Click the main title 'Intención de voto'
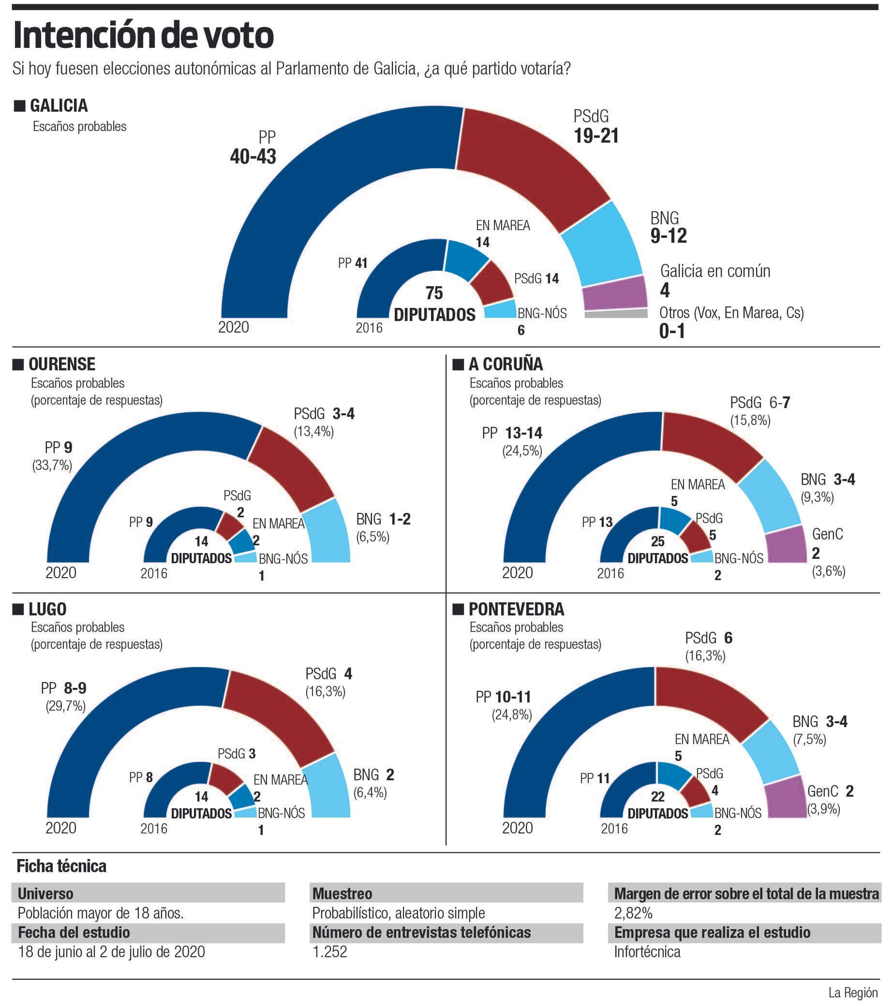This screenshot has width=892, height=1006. pos(143,36)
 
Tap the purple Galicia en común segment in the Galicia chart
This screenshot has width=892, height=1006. pos(614,292)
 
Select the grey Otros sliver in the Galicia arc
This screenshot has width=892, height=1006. pos(615,314)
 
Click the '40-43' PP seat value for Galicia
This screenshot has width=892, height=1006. pos(253,157)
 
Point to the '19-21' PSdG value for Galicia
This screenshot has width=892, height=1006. pos(596,136)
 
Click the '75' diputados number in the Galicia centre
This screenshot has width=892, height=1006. pos(434,293)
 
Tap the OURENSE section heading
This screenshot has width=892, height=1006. pos(61,364)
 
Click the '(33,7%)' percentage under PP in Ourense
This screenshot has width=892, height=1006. pos(52,465)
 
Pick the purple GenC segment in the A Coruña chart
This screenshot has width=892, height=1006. pos(786,546)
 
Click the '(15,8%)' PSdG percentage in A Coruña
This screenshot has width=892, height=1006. pos(750,421)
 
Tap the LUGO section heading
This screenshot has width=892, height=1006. pos(47,609)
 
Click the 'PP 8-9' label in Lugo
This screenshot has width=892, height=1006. pos(64,688)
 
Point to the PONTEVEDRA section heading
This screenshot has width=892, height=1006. pos(516,609)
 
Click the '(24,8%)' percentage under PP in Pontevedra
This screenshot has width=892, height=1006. pos(511,715)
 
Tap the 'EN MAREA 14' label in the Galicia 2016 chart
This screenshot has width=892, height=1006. pos(502,233)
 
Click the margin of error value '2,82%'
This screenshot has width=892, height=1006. pos(633,913)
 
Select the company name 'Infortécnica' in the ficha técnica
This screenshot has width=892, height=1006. pos(647,951)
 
